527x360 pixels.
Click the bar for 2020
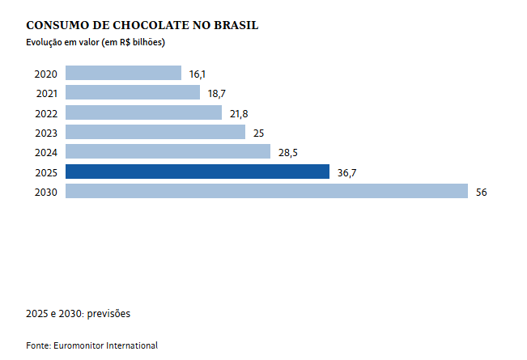click(x=123, y=73)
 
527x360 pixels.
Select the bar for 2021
click(x=132, y=93)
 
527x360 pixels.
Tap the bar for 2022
click(x=143, y=112)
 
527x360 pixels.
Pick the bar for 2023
click(x=155, y=132)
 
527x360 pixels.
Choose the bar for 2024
click(x=168, y=151)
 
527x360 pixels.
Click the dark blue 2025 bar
click(x=197, y=172)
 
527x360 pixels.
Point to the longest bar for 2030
click(x=266, y=191)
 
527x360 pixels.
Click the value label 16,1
click(x=197, y=74)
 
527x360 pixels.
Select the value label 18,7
click(x=216, y=94)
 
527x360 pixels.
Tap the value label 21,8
click(x=239, y=113)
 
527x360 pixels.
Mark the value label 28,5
click(x=288, y=152)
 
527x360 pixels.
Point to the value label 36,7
click(x=346, y=172)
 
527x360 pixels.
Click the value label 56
click(x=481, y=192)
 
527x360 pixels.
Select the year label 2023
click(x=45, y=133)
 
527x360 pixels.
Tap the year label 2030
click(x=45, y=192)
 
